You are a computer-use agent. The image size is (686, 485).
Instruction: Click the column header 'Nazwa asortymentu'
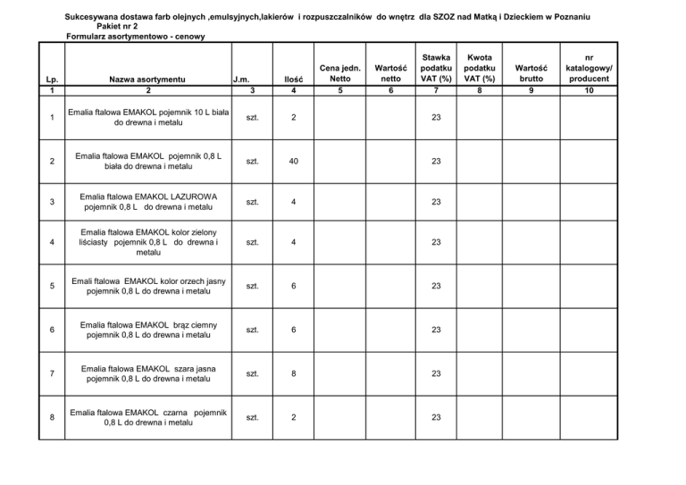[148, 79]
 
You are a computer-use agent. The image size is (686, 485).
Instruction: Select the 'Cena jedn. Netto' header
[339, 72]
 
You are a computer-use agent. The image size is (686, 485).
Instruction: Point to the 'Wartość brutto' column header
[533, 72]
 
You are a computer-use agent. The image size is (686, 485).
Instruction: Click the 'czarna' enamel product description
[148, 416]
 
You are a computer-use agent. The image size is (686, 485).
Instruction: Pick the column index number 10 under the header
[588, 90]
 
